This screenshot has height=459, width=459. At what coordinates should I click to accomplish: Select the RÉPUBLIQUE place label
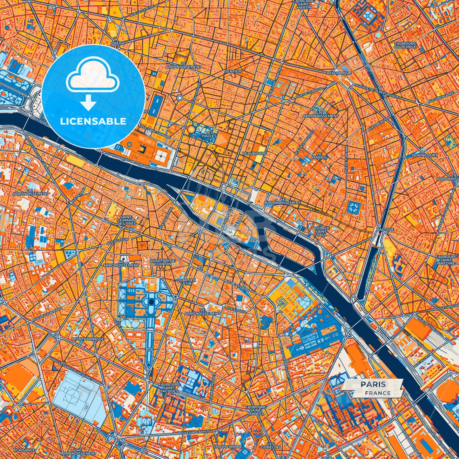pyautogui.click(x=339, y=73)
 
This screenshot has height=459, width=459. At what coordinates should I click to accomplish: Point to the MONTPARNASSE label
pyautogui.click(x=88, y=339)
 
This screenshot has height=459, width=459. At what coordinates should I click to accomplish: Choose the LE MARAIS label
pyautogui.click(x=319, y=155)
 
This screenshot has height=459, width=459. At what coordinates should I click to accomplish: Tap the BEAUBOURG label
pyautogui.click(x=254, y=153)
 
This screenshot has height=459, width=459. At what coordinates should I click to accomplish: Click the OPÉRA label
pyautogui.click(x=117, y=43)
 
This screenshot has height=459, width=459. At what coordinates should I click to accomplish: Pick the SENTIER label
pyautogui.click(x=233, y=71)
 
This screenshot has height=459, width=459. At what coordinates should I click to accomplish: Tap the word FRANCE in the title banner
pyautogui.click(x=378, y=393)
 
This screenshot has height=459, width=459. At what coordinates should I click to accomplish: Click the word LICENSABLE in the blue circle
pyautogui.click(x=93, y=121)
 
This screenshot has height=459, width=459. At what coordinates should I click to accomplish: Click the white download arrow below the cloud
pyautogui.click(x=88, y=103)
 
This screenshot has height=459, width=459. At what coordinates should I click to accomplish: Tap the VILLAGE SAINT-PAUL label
pyautogui.click(x=321, y=231)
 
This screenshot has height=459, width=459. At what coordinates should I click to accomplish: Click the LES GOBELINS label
pyautogui.click(x=271, y=445)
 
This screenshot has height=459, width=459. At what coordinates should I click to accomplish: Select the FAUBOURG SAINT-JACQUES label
pyautogui.click(x=169, y=388)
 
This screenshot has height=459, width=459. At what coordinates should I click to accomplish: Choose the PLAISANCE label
pyautogui.click(x=24, y=450)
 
